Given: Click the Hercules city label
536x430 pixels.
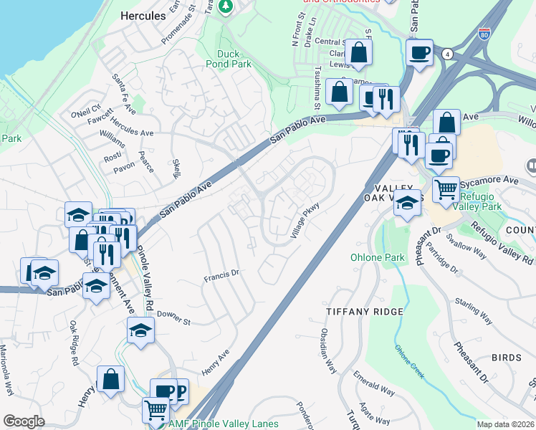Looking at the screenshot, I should point(143,15).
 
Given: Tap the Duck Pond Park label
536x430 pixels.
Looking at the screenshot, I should point(234,58).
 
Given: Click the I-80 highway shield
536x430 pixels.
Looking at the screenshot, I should point(487,34).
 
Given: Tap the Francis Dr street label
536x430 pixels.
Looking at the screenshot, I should point(220,273).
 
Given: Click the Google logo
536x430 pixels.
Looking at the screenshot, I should point(24,421).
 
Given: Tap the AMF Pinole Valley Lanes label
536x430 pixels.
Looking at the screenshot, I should point(224,424).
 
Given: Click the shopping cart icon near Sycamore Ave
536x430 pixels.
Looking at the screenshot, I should point(446,190).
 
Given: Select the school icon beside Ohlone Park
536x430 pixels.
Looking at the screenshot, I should point(407,203).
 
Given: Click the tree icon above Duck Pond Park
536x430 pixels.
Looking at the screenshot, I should point(226,6).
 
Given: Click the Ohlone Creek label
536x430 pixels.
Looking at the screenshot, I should point(408,361).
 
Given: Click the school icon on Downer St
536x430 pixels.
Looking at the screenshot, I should point(140,330).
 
